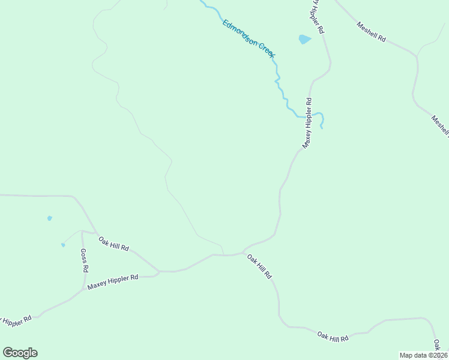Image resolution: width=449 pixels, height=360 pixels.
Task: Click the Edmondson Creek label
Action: coord(249,39)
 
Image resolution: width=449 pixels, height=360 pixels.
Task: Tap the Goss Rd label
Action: coord(84,260)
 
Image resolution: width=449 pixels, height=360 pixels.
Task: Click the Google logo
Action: coord(20,353)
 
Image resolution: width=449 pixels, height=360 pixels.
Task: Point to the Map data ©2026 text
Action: coord(424,355)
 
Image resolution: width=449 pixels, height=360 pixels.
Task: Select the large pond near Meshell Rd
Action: coord(305,40)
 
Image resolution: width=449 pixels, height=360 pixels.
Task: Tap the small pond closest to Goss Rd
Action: coord(62,245)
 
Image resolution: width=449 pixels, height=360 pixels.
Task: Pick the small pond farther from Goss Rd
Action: coord(49,218)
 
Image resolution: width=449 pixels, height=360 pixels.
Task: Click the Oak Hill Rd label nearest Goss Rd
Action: coord(114,243)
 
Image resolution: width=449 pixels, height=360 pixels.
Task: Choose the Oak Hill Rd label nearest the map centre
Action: coord(260,266)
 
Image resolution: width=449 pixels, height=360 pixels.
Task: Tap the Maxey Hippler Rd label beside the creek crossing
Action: coord(307,123)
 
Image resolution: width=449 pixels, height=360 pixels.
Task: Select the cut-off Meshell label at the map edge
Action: coord(440,126)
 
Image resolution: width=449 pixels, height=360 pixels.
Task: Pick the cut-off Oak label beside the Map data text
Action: coord(438,344)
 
